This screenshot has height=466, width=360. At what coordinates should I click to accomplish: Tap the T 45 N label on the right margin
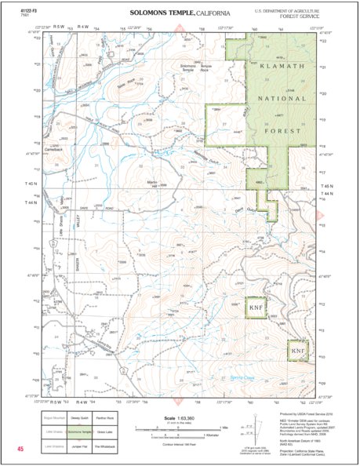pos(328,186)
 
